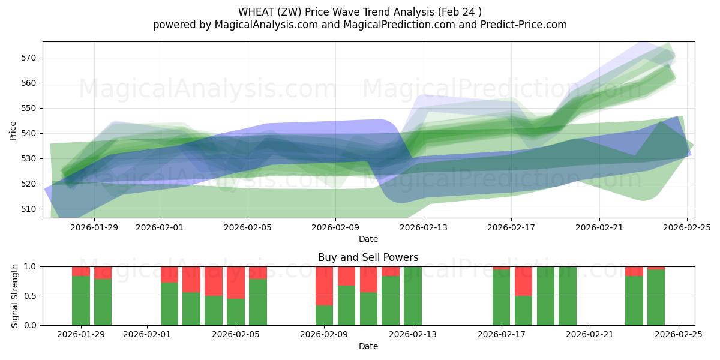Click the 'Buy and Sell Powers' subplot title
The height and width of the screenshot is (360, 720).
click(368, 257)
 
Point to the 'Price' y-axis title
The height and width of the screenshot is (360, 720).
click(13, 130)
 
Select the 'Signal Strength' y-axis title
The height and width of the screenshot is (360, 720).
click(16, 296)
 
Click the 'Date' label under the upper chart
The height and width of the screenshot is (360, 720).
click(368, 239)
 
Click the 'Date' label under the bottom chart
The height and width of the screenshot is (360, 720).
click(368, 346)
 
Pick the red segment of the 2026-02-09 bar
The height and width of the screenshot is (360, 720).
click(324, 286)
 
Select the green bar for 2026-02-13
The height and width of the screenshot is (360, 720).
click(413, 296)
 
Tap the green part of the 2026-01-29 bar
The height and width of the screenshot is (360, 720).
click(81, 300)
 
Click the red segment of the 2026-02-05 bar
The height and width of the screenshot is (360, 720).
click(236, 282)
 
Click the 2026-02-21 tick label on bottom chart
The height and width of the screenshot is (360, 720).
click(590, 334)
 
